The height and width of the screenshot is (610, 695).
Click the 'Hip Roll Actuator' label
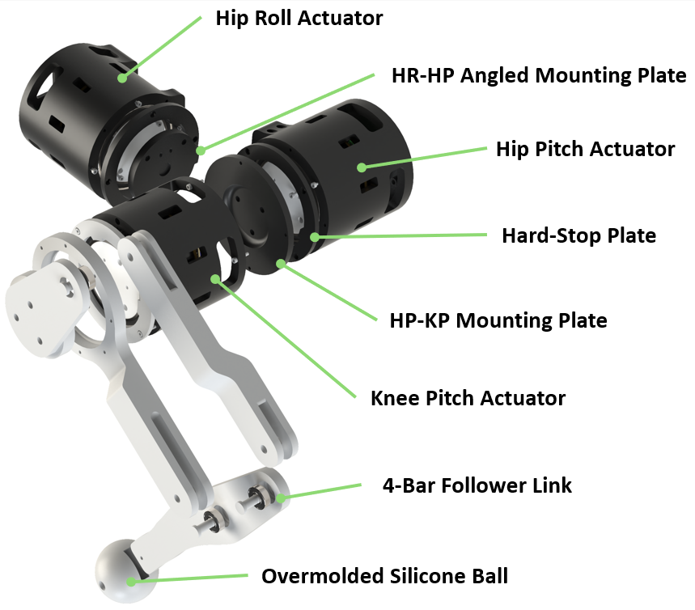tap(299, 18)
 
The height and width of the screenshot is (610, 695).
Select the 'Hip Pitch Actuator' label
tap(585, 149)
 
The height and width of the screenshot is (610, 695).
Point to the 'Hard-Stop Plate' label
tap(578, 235)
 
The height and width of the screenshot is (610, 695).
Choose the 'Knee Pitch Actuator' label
tap(468, 398)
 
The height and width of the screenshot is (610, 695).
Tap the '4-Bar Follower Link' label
tap(477, 485)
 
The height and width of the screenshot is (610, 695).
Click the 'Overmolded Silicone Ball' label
tap(384, 576)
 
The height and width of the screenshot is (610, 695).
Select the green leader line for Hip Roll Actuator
tap(162, 49)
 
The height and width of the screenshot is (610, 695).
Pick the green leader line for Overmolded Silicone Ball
tap(190, 578)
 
